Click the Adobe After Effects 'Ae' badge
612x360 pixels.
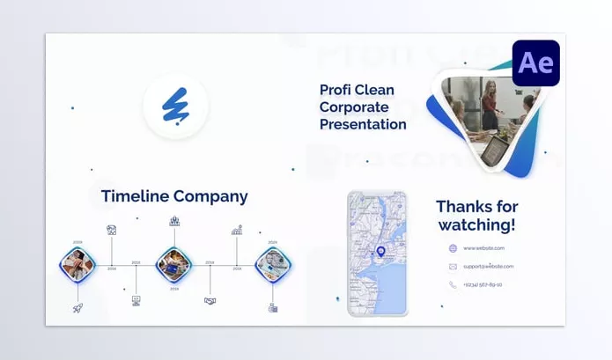click(x=535, y=62)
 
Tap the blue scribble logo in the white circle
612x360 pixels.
click(x=175, y=107)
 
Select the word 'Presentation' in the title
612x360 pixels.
click(x=363, y=124)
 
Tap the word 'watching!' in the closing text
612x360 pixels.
click(x=477, y=225)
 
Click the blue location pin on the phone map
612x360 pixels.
click(x=380, y=252)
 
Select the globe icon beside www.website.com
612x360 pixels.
click(x=453, y=248)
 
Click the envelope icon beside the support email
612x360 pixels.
click(x=453, y=266)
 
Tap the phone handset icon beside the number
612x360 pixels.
click(x=453, y=284)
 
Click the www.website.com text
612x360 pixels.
click(x=483, y=248)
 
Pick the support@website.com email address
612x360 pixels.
click(x=489, y=266)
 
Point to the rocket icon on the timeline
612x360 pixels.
click(x=77, y=307)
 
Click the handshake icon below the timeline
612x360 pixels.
click(x=210, y=300)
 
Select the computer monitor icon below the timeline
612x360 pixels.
click(x=136, y=300)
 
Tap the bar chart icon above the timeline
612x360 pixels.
click(x=237, y=230)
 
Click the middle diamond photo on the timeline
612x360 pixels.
click(x=173, y=263)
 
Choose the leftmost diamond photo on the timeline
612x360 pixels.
click(x=77, y=263)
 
